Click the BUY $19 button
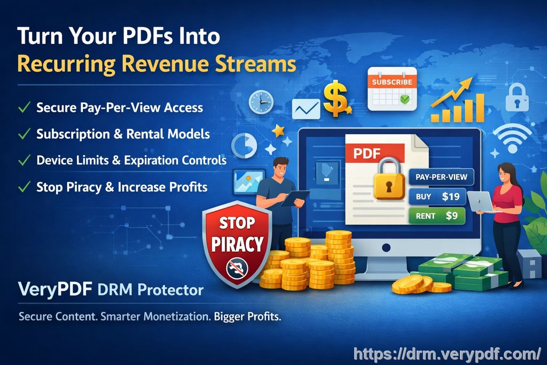point(437,196)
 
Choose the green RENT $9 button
point(436,216)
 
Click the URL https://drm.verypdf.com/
point(448,353)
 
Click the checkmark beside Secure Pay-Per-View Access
point(24,108)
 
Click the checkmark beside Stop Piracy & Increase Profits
point(24,187)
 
